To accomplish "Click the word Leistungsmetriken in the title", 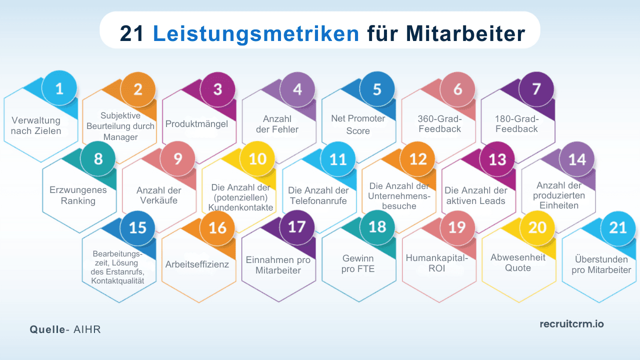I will (x=255, y=34).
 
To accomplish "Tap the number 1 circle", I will (x=59, y=89).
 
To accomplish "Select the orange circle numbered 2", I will (x=138, y=89).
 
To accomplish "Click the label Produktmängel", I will (x=196, y=123).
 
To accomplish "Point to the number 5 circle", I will (x=377, y=89).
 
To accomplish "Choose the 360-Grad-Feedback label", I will (x=439, y=124).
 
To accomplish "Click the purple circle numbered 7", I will (x=536, y=89).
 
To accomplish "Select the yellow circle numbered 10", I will (x=257, y=159).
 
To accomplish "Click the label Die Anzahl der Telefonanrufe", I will (x=318, y=195).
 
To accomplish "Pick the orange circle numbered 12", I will (x=418, y=159).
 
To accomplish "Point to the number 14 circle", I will (x=577, y=159).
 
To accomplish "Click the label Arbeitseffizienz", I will (x=197, y=264).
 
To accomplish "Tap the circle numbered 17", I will (x=297, y=227).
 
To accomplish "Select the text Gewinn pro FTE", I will (x=358, y=264).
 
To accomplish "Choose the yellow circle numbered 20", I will (x=537, y=227).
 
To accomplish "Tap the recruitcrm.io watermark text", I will (x=571, y=324).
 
